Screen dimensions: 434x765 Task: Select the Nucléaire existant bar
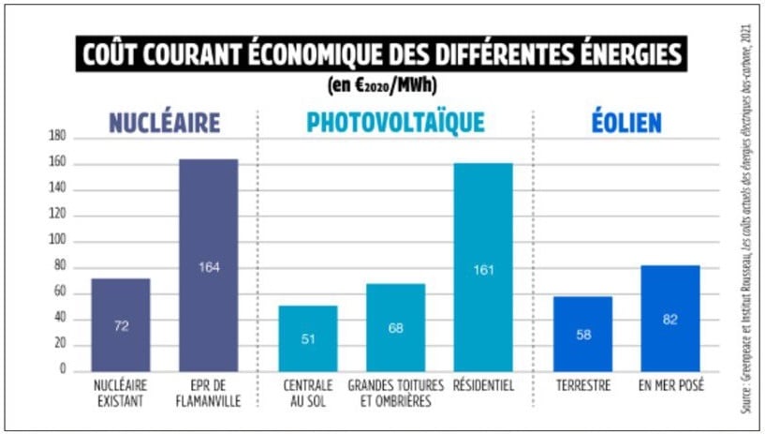[120, 323]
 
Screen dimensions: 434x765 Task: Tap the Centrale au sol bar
[308, 337]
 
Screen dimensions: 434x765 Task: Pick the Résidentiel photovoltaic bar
[483, 266]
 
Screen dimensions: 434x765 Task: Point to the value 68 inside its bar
[396, 329]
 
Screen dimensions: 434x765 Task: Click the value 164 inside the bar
[208, 267]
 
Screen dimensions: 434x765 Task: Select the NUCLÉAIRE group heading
[164, 123]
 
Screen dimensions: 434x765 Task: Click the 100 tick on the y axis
[57, 241]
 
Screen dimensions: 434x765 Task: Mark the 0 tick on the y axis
[63, 370]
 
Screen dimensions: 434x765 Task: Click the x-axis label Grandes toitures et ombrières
[395, 392]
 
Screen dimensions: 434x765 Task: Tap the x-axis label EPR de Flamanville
[208, 392]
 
